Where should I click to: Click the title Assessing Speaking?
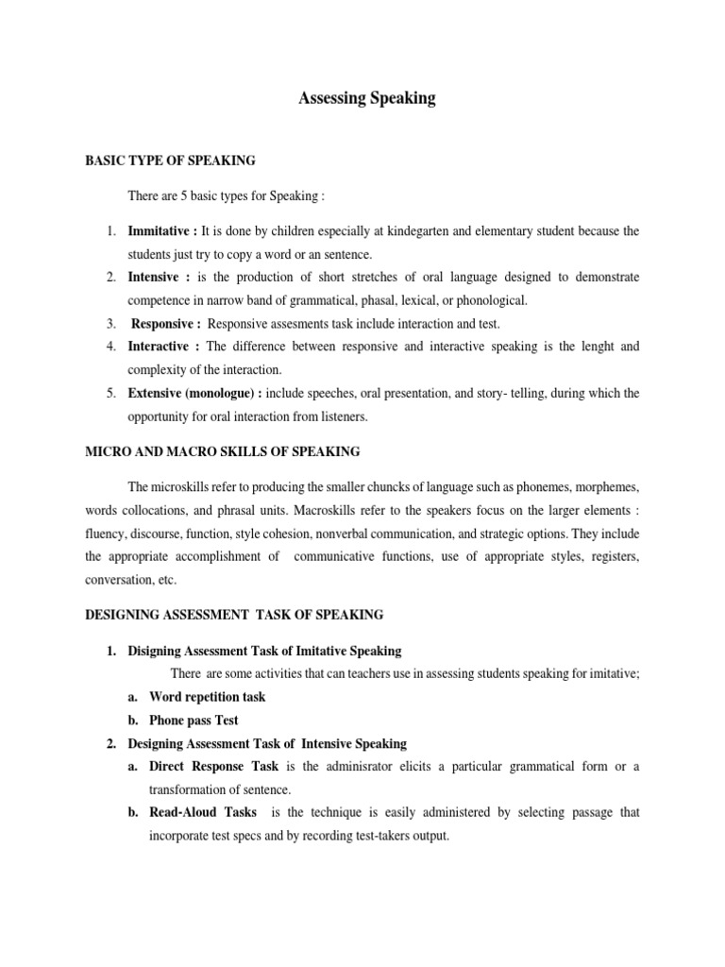(367, 98)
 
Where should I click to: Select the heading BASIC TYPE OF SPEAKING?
(170, 161)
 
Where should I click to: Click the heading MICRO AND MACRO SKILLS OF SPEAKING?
(222, 452)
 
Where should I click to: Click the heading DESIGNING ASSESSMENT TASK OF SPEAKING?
(234, 615)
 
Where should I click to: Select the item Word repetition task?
(207, 697)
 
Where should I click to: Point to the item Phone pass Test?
(194, 720)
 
